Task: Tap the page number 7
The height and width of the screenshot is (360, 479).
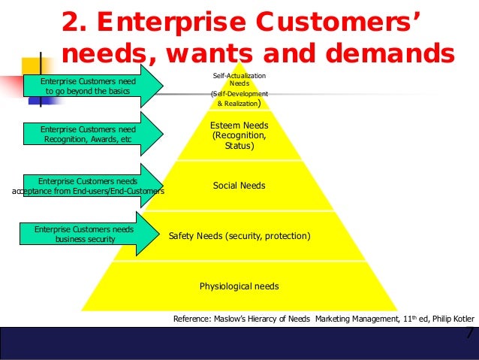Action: click(x=470, y=333)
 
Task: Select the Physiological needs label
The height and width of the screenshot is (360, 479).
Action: click(x=239, y=286)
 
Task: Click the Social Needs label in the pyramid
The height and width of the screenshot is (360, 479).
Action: click(x=239, y=186)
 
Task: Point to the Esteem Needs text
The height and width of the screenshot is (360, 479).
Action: click(x=239, y=126)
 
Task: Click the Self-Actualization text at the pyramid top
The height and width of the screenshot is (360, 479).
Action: click(x=239, y=77)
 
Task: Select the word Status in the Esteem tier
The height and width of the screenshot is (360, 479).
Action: click(x=239, y=146)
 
